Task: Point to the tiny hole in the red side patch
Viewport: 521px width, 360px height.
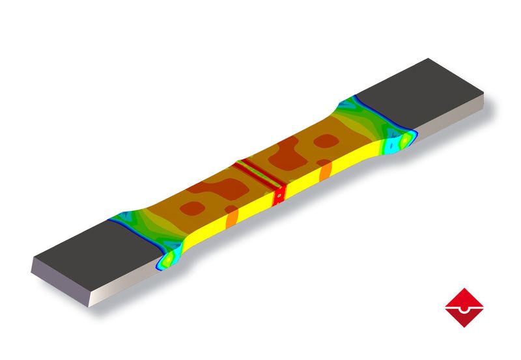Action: point(279,193)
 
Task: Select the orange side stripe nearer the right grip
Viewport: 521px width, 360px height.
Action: point(326,171)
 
